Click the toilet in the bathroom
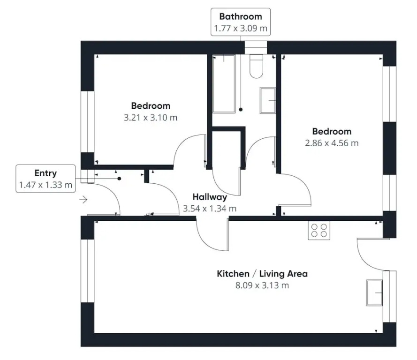click(x=257, y=66)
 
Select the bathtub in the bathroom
click(x=224, y=84)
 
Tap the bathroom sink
click(x=268, y=101)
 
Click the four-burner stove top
click(x=319, y=230)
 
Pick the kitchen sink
click(x=374, y=292)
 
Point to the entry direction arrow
click(x=83, y=200)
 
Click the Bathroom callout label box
click(x=241, y=22)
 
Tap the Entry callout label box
click(x=46, y=179)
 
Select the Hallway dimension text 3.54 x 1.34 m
click(x=210, y=209)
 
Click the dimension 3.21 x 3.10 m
click(x=151, y=118)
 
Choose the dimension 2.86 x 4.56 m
click(x=332, y=143)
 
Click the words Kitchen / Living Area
click(x=262, y=274)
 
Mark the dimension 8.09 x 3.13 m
click(x=262, y=285)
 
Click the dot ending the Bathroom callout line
click(x=241, y=110)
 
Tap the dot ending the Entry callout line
click(x=120, y=179)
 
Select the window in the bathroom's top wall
click(x=256, y=47)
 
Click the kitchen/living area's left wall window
click(x=88, y=271)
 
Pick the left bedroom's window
click(x=88, y=122)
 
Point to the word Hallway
click(x=210, y=197)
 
